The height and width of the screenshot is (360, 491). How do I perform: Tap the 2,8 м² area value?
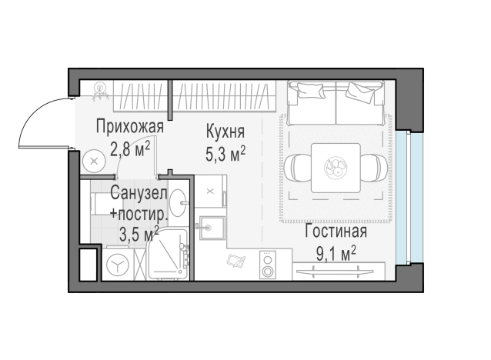pyautogui.click(x=129, y=147)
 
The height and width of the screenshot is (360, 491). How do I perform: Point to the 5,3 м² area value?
pyautogui.click(x=225, y=154)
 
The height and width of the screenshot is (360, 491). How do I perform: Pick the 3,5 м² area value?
pyautogui.click(x=139, y=232)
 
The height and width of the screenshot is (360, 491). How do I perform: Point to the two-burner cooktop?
pyautogui.click(x=268, y=265)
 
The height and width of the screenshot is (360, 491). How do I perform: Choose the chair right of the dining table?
pyautogui.click(x=376, y=166)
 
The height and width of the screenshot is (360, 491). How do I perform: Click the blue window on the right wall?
pyautogui.click(x=416, y=196)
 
